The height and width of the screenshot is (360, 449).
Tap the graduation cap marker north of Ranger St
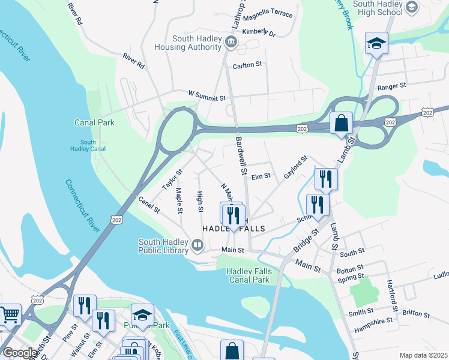(376, 43)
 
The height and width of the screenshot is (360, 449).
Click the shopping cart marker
(10, 314)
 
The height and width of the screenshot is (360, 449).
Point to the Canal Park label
(94, 122)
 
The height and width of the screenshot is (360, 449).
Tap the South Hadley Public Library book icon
(197, 245)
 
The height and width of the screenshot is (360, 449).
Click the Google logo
(19, 352)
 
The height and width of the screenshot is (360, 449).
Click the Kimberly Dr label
(258, 32)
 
